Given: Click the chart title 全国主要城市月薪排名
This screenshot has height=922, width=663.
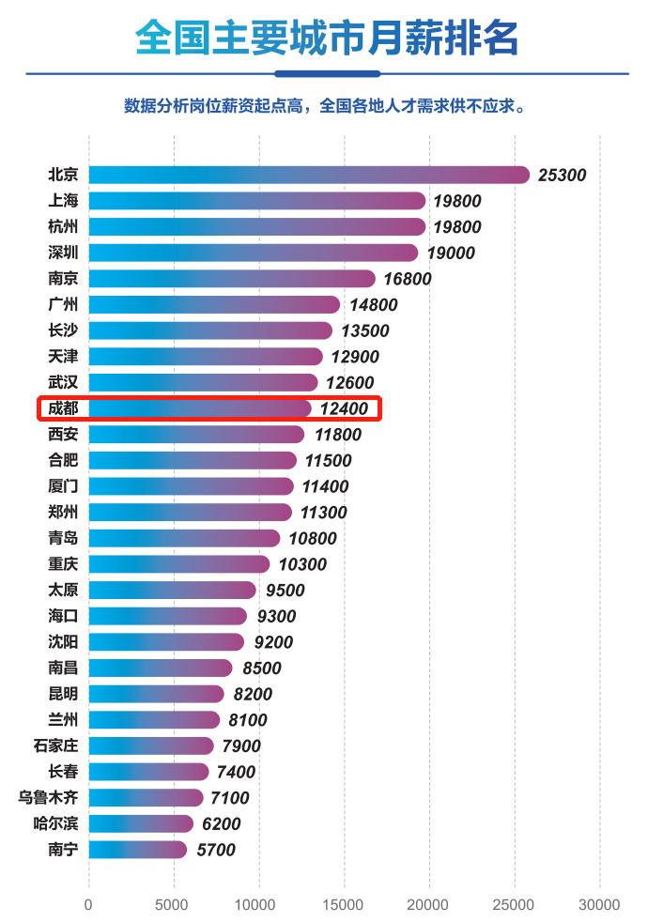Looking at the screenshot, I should (x=327, y=38).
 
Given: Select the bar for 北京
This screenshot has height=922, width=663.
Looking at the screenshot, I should (x=309, y=175).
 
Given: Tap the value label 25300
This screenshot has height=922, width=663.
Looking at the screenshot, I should (x=562, y=176).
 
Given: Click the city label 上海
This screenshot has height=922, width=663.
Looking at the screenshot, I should (x=63, y=201).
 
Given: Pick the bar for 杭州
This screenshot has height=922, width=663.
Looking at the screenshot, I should (x=257, y=226).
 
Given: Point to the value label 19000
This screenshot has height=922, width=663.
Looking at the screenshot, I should (x=450, y=254).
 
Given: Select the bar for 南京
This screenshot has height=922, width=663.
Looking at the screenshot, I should (x=232, y=279).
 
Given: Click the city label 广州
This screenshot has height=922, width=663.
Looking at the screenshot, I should (x=63, y=304).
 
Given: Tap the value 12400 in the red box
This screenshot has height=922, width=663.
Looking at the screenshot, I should (x=344, y=408).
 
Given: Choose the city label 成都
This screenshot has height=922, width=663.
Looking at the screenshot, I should (x=63, y=408).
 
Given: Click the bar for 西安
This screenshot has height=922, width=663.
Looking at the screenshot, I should (x=196, y=435).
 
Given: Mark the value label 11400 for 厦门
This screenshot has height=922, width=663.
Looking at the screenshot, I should (x=325, y=486).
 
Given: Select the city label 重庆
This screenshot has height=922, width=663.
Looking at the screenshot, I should (x=63, y=564).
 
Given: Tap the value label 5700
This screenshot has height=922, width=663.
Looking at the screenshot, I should (x=215, y=851).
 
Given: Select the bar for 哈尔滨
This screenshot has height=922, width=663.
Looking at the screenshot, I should (x=141, y=823).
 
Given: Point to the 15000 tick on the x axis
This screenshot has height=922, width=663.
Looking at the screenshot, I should (x=344, y=905).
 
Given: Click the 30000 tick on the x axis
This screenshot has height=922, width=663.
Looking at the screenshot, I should (x=599, y=905).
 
